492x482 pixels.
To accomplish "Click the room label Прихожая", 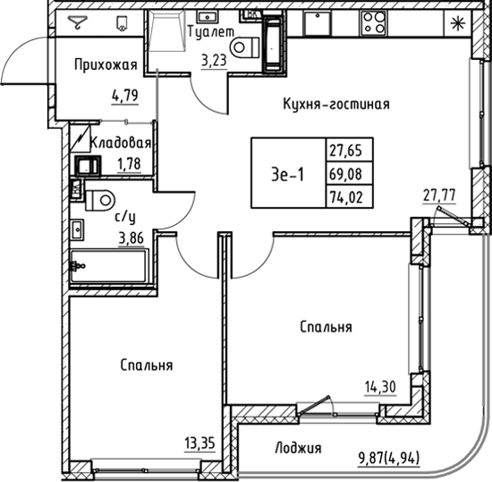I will [x=106, y=65].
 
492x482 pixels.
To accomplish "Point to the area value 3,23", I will [x=214, y=62].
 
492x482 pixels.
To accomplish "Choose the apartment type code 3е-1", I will [x=287, y=175].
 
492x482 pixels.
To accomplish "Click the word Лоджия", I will [x=298, y=449].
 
